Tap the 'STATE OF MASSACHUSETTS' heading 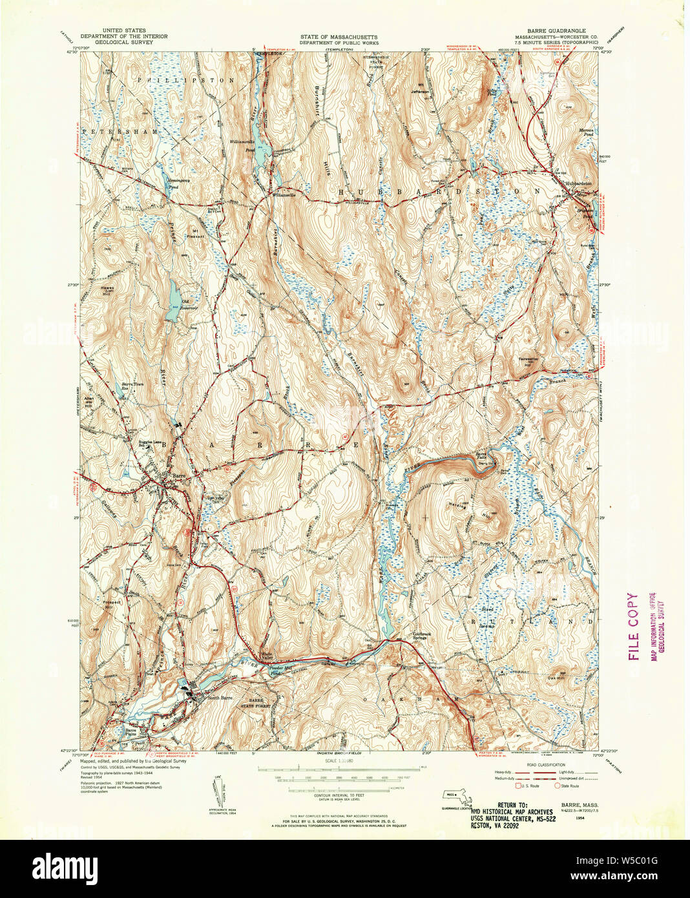[x=339, y=37]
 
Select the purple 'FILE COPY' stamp [x=632, y=626]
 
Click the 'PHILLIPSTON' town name [x=185, y=79]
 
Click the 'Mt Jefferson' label [x=421, y=89]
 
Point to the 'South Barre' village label [x=220, y=698]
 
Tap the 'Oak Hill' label [x=556, y=677]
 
